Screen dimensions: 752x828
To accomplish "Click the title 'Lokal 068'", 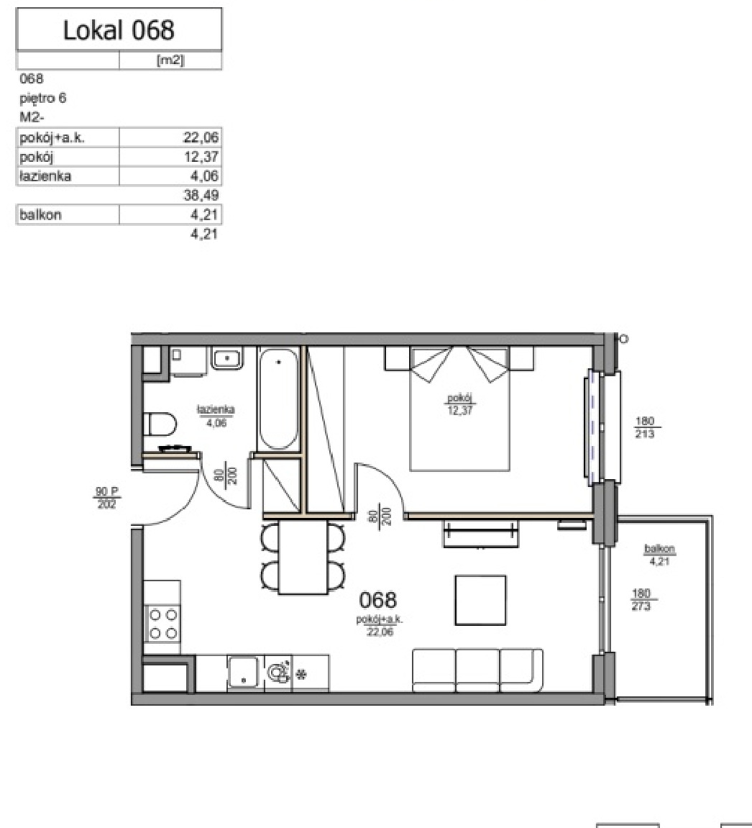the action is click(119, 29).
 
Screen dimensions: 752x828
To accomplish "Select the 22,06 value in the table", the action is click(201, 137).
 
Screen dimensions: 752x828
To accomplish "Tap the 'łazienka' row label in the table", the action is click(45, 176).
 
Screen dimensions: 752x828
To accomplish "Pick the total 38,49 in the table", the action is click(201, 196).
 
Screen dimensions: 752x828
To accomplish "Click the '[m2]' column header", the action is click(170, 60).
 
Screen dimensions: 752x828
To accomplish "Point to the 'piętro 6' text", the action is click(42, 99).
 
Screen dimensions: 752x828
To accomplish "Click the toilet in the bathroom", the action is click(160, 424).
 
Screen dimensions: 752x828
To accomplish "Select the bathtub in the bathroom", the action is click(279, 399).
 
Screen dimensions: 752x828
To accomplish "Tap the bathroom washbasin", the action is click(227, 358).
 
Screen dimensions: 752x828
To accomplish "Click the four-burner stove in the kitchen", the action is click(162, 624).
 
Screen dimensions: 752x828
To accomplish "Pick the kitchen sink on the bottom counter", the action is click(243, 672).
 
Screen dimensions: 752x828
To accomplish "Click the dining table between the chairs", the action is click(303, 558).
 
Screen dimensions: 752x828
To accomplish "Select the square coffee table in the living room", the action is click(480, 601).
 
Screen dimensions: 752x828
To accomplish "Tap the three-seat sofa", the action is click(477, 670).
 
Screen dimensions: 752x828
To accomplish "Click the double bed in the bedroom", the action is click(459, 408).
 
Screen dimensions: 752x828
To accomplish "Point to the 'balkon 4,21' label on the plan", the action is click(660, 555).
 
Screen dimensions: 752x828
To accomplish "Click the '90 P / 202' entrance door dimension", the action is click(106, 498).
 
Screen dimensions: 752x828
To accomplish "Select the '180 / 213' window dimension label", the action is click(645, 427).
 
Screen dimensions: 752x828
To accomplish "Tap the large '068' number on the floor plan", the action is click(378, 600).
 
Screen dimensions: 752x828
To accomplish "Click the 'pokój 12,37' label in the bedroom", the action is click(460, 404).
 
